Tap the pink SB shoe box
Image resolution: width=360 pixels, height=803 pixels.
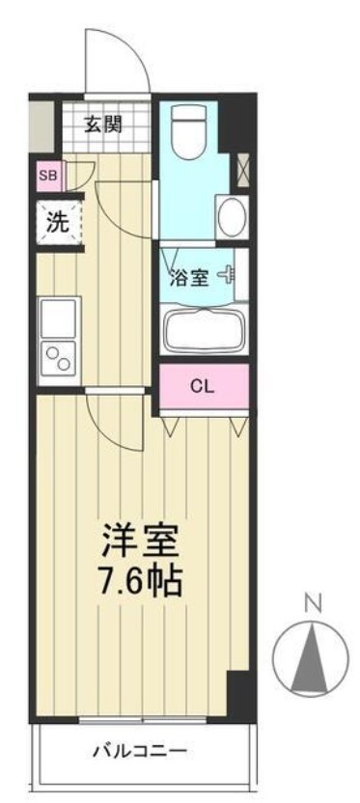(46, 175)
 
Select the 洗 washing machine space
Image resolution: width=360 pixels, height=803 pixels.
(57, 222)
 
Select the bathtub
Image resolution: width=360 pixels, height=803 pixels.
(203, 330)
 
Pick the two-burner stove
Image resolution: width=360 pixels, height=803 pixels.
(57, 359)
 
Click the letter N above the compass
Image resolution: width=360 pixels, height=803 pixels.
(312, 605)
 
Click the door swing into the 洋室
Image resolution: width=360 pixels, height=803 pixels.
(116, 420)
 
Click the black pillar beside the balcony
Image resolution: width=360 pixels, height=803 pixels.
(238, 694)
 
